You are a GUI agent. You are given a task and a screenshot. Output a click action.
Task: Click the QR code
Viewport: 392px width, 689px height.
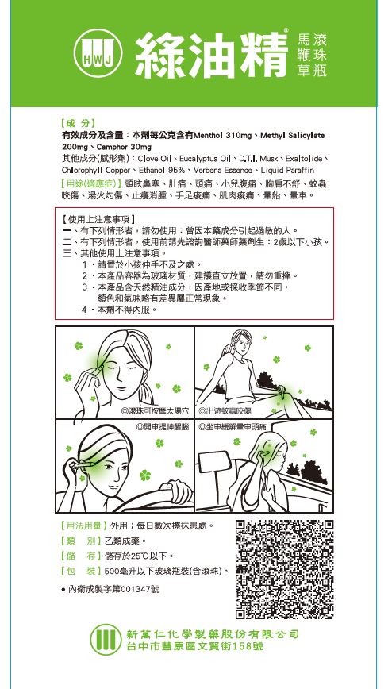point(284,568)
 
